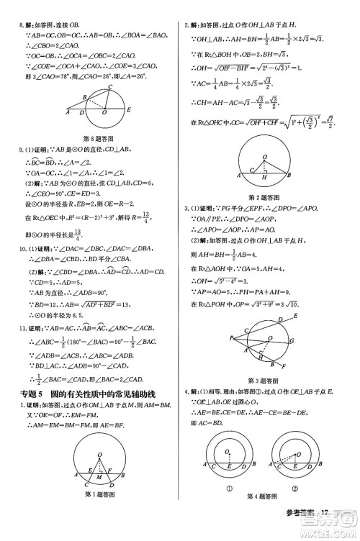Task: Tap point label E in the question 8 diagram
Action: [x=129, y=110]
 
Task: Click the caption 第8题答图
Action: [x=96, y=137]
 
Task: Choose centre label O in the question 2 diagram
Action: [x=266, y=156]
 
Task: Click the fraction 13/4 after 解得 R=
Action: [x=146, y=214]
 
